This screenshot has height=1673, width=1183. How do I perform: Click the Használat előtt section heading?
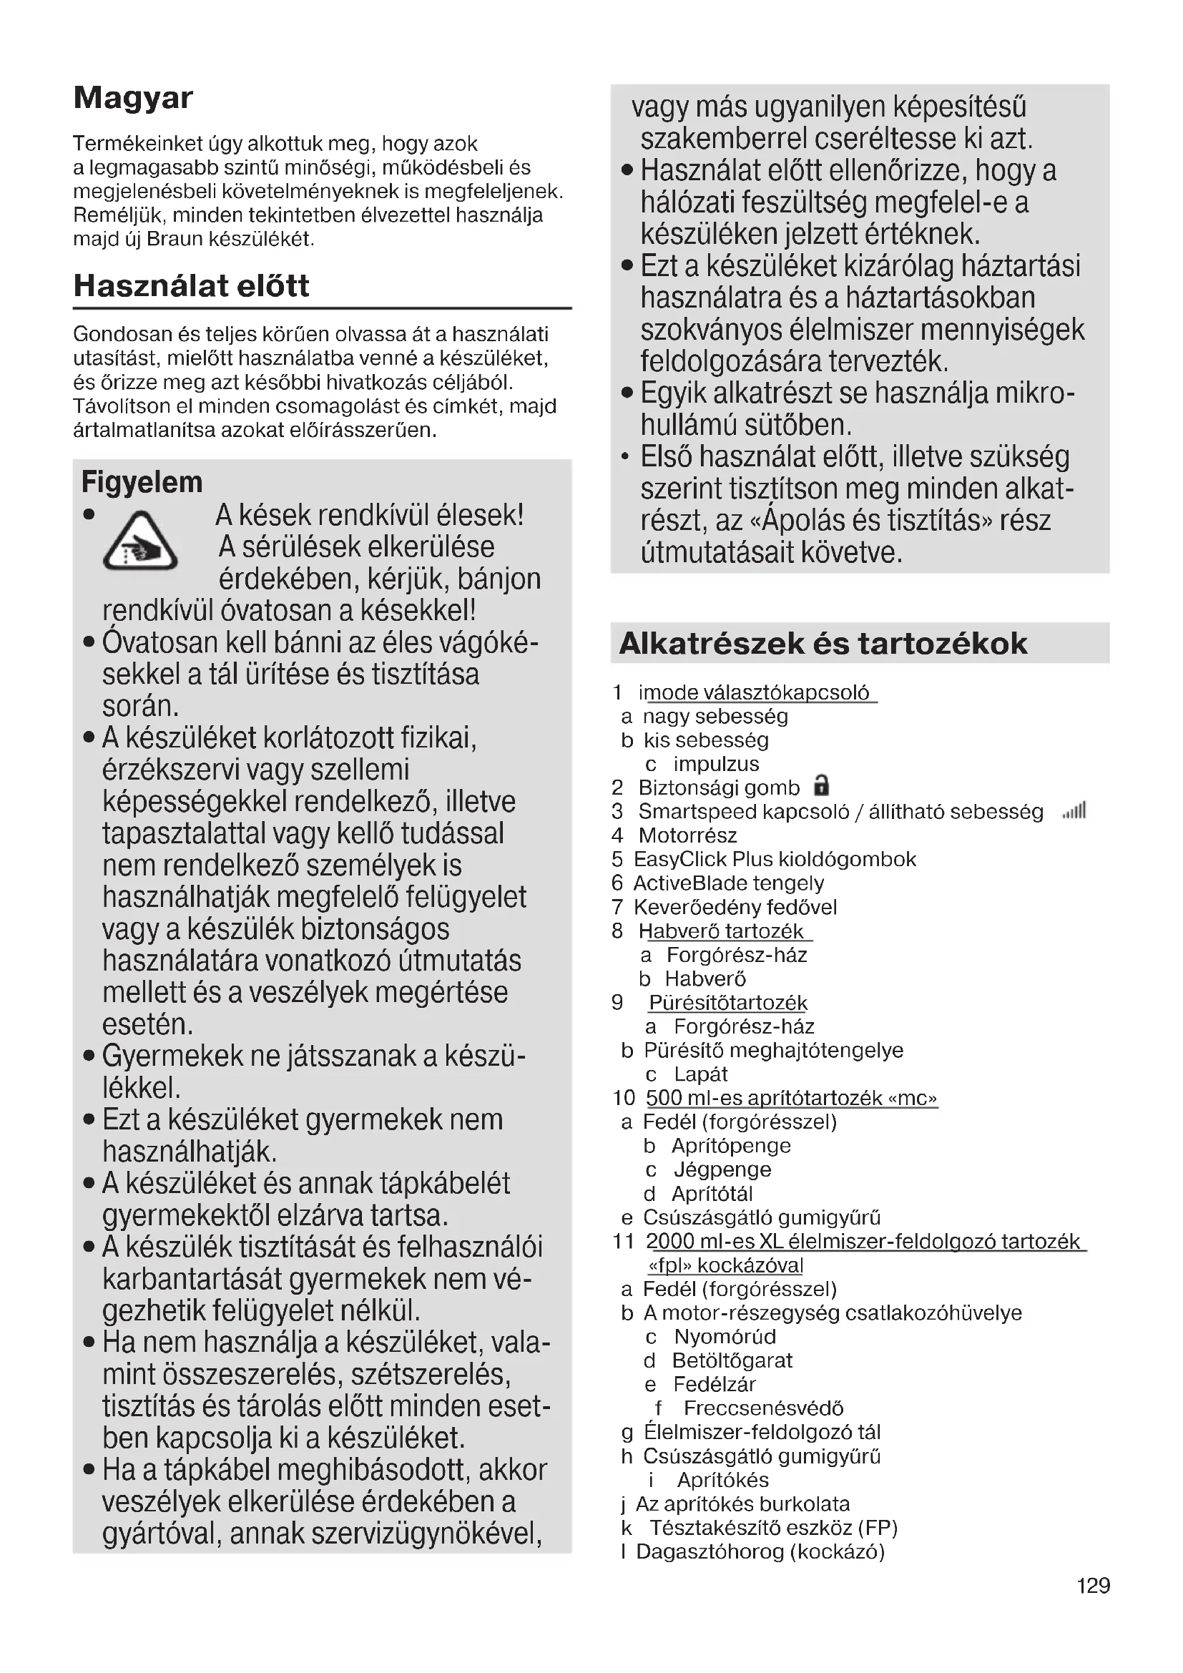(192, 285)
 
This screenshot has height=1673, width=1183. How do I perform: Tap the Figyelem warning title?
(142, 482)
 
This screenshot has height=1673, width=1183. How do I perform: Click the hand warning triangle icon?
(140, 542)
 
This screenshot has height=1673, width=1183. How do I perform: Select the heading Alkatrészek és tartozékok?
(823, 644)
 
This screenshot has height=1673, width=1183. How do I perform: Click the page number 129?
(1093, 1586)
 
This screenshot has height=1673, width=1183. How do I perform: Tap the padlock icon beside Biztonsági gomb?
(821, 785)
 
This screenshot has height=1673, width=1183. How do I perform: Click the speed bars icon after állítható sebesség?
(1074, 810)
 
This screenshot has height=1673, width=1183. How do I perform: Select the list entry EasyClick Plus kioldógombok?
(775, 859)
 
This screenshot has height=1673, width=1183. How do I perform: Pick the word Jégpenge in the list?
(722, 1169)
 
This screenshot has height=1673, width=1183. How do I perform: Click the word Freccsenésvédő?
(762, 1408)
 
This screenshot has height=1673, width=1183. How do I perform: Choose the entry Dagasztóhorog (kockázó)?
(760, 1551)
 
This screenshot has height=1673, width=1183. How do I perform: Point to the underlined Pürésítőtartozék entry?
(727, 1003)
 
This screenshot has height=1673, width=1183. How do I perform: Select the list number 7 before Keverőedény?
(618, 907)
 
